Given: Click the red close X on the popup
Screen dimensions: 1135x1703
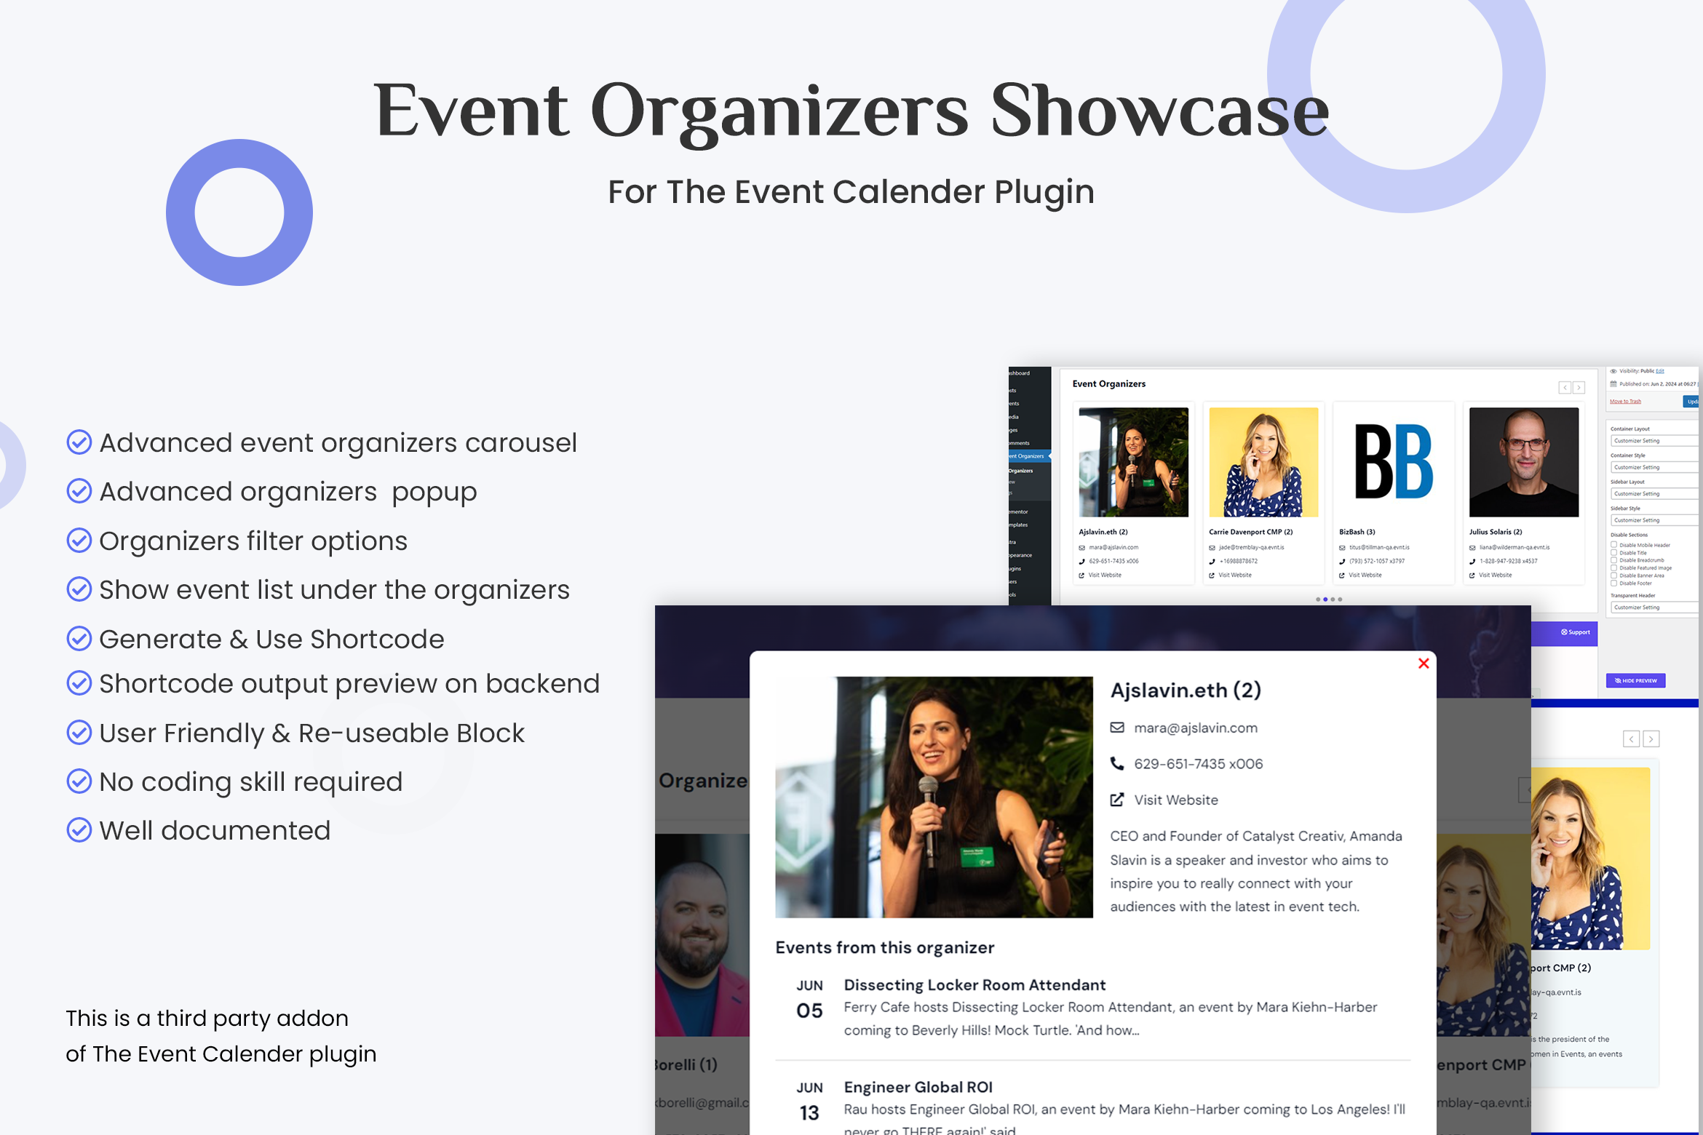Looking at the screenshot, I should (x=1424, y=664).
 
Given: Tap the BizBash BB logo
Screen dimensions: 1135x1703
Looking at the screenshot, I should (x=1393, y=462).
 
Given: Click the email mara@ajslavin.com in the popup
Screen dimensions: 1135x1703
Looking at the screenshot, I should (x=1195, y=728).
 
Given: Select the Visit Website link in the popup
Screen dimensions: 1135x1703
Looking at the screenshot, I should (x=1175, y=800).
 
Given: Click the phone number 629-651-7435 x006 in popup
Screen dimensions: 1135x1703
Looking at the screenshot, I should (x=1198, y=764).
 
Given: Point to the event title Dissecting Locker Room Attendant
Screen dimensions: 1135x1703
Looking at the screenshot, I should (x=974, y=985).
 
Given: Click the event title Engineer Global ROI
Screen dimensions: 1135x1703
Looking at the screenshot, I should (x=918, y=1087).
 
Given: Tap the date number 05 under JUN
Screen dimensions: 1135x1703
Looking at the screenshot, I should (x=809, y=1011).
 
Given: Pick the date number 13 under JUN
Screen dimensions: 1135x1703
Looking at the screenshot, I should (x=809, y=1113).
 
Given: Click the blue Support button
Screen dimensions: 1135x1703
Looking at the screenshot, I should (x=1575, y=632).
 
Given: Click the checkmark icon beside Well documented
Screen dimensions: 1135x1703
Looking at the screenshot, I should (x=79, y=830).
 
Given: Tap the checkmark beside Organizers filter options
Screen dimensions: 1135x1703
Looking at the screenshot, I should (x=79, y=541).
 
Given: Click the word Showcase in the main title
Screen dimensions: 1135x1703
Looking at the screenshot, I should (x=1159, y=111).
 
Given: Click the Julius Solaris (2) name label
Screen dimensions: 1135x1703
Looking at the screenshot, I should (x=1495, y=532).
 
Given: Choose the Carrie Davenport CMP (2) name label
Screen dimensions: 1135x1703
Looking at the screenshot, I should (x=1250, y=532).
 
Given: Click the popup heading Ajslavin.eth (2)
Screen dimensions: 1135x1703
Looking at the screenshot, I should (x=1185, y=690).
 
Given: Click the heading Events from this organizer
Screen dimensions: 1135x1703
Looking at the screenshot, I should (x=884, y=947).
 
